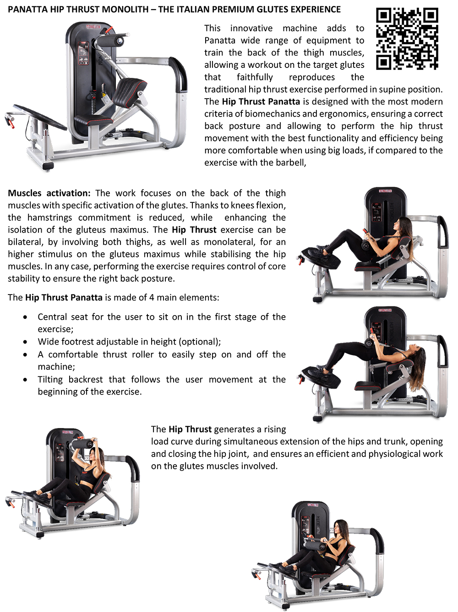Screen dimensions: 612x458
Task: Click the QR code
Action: [407, 39]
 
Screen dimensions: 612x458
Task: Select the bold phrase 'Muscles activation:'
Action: [49, 193]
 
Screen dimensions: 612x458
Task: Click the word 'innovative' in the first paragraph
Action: [251, 28]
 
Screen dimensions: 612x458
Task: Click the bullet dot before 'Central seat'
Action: [25, 317]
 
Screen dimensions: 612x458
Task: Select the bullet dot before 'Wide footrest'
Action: [25, 342]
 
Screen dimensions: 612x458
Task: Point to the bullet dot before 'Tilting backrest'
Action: [25, 380]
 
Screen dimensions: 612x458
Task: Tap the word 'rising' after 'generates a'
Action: [274, 429]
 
